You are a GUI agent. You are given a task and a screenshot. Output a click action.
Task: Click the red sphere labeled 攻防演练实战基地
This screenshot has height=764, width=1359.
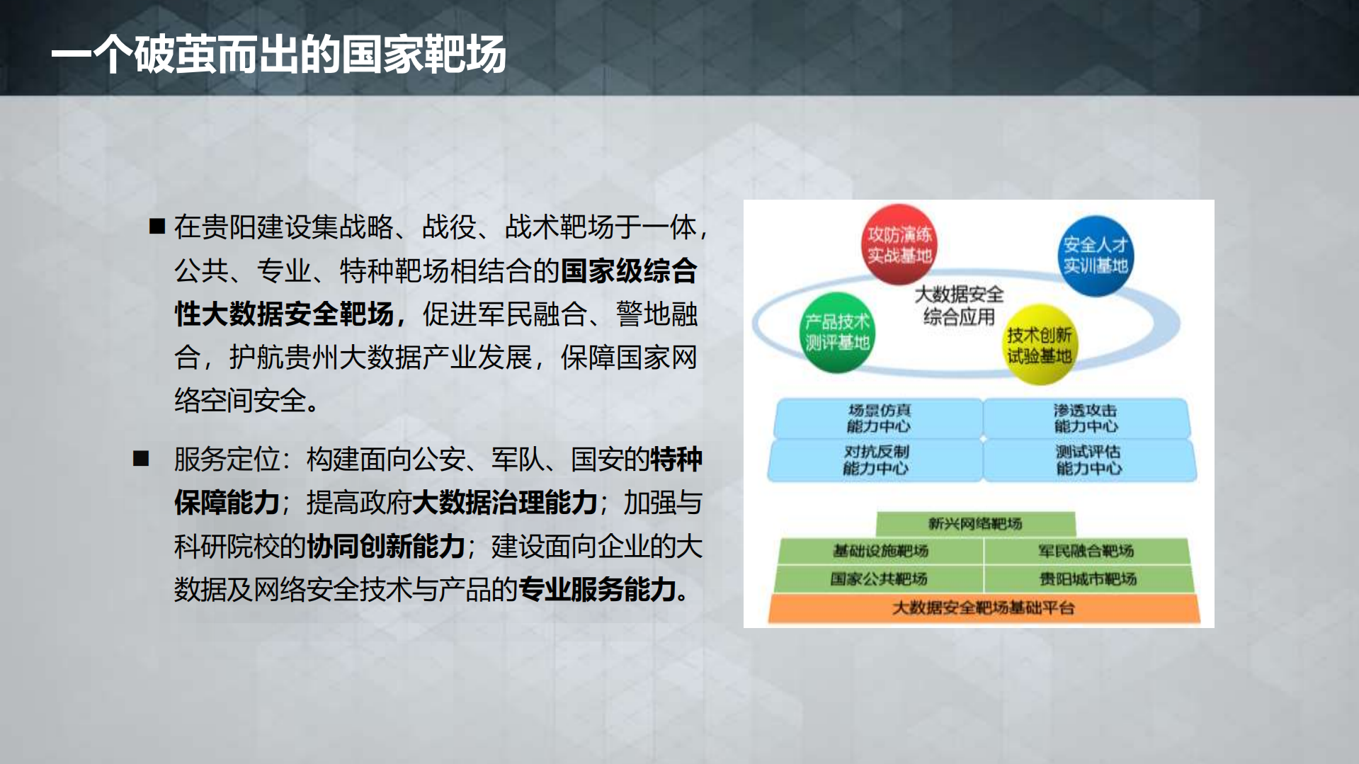click(899, 244)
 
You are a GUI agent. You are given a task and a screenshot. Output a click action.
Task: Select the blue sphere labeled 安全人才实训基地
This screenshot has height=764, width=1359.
click(1095, 256)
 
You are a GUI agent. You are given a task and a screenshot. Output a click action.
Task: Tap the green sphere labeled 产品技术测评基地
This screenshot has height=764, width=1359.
click(837, 332)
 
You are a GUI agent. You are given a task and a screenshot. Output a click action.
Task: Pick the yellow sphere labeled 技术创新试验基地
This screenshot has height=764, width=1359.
click(1039, 345)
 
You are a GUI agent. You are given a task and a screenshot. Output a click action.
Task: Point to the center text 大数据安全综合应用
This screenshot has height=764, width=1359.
click(959, 305)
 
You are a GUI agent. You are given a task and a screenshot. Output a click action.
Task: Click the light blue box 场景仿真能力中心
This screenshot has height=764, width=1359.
click(878, 418)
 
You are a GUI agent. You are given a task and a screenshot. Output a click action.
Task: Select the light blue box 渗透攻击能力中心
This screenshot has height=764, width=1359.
click(1086, 418)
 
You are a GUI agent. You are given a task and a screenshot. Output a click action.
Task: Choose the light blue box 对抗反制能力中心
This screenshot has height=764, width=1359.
click(876, 460)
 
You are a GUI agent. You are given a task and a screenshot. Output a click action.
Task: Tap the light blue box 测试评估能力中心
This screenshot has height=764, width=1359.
click(1088, 460)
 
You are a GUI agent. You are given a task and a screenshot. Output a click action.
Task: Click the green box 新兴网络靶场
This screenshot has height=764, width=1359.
click(975, 523)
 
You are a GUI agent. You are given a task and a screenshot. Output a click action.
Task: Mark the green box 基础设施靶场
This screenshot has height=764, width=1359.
click(880, 551)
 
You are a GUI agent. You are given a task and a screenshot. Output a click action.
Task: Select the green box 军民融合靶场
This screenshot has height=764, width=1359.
click(1086, 551)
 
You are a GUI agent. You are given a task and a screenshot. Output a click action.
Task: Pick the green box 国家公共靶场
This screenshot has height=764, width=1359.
click(879, 578)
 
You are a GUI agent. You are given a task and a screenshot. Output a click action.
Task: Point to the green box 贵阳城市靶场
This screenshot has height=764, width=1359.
click(1088, 578)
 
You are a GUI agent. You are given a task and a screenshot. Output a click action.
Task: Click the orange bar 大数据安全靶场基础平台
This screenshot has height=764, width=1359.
click(983, 608)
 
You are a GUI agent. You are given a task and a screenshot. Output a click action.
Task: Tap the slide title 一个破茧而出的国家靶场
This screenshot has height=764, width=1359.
click(278, 55)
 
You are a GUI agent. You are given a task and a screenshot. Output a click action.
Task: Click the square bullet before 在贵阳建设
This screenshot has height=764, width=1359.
click(157, 227)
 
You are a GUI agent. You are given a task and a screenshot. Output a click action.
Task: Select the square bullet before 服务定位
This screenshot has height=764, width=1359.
click(141, 459)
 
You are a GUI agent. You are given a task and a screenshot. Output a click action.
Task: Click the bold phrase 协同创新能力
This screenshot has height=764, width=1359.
click(385, 546)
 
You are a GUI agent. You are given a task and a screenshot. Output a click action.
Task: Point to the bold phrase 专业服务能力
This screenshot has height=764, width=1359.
click(598, 589)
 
